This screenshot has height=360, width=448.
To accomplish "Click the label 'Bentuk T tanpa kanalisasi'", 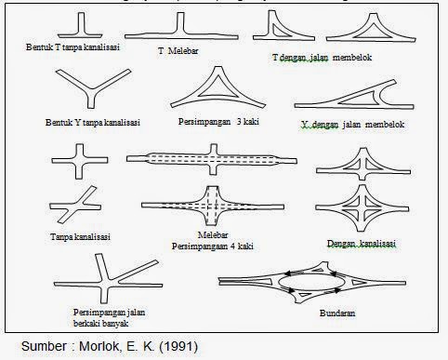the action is coord(72,47).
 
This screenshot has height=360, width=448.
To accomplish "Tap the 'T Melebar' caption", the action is coord(178,51).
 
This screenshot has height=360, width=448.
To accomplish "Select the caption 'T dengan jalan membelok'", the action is coord(322,58).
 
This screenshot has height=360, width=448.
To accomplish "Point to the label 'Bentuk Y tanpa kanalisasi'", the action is coord(93,122).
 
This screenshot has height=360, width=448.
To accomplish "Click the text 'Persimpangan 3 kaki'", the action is coord(218,122).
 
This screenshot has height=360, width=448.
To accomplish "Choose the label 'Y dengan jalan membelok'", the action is coord(352,125).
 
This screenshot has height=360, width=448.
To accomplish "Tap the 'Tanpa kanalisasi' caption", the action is coord(80,237).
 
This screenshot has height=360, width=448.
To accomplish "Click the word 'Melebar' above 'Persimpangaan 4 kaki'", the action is coord(213,235).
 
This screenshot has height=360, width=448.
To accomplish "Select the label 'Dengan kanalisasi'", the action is coord(362,244).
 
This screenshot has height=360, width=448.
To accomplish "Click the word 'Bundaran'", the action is coord(337,313).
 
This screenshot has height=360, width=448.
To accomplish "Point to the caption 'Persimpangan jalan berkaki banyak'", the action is coord(109,318).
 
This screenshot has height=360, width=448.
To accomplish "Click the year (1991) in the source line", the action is coord(178,346).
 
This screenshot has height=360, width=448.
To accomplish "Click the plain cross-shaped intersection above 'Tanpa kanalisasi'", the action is coord(80,161).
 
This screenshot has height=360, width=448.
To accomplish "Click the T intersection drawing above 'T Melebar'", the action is coord(181,26).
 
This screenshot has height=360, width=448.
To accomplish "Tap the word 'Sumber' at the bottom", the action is coord(44,346).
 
